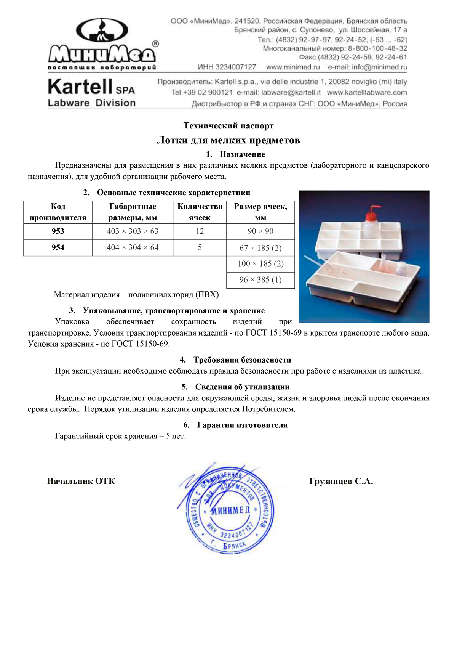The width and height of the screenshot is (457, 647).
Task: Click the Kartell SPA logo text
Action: click(91, 87)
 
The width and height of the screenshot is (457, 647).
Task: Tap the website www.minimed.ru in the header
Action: click(293, 67)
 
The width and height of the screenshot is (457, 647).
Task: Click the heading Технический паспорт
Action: click(228, 125)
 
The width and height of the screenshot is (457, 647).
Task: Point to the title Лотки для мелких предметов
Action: click(228, 140)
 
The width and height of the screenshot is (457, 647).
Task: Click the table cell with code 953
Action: click(58, 231)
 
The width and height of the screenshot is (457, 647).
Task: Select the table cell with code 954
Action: click(58, 247)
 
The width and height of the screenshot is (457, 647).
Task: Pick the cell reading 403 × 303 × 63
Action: click(133, 231)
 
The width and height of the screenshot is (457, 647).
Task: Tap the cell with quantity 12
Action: click(200, 231)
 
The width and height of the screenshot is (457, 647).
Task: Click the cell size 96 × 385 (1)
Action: click(260, 280)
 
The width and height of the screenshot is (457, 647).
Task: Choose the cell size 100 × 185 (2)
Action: click(260, 263)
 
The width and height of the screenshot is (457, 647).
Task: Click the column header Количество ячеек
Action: click(200, 212)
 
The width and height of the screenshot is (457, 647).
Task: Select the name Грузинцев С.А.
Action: click(341, 481)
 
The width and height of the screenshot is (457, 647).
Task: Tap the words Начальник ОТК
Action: click(81, 481)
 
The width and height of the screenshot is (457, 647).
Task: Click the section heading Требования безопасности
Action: click(242, 360)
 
